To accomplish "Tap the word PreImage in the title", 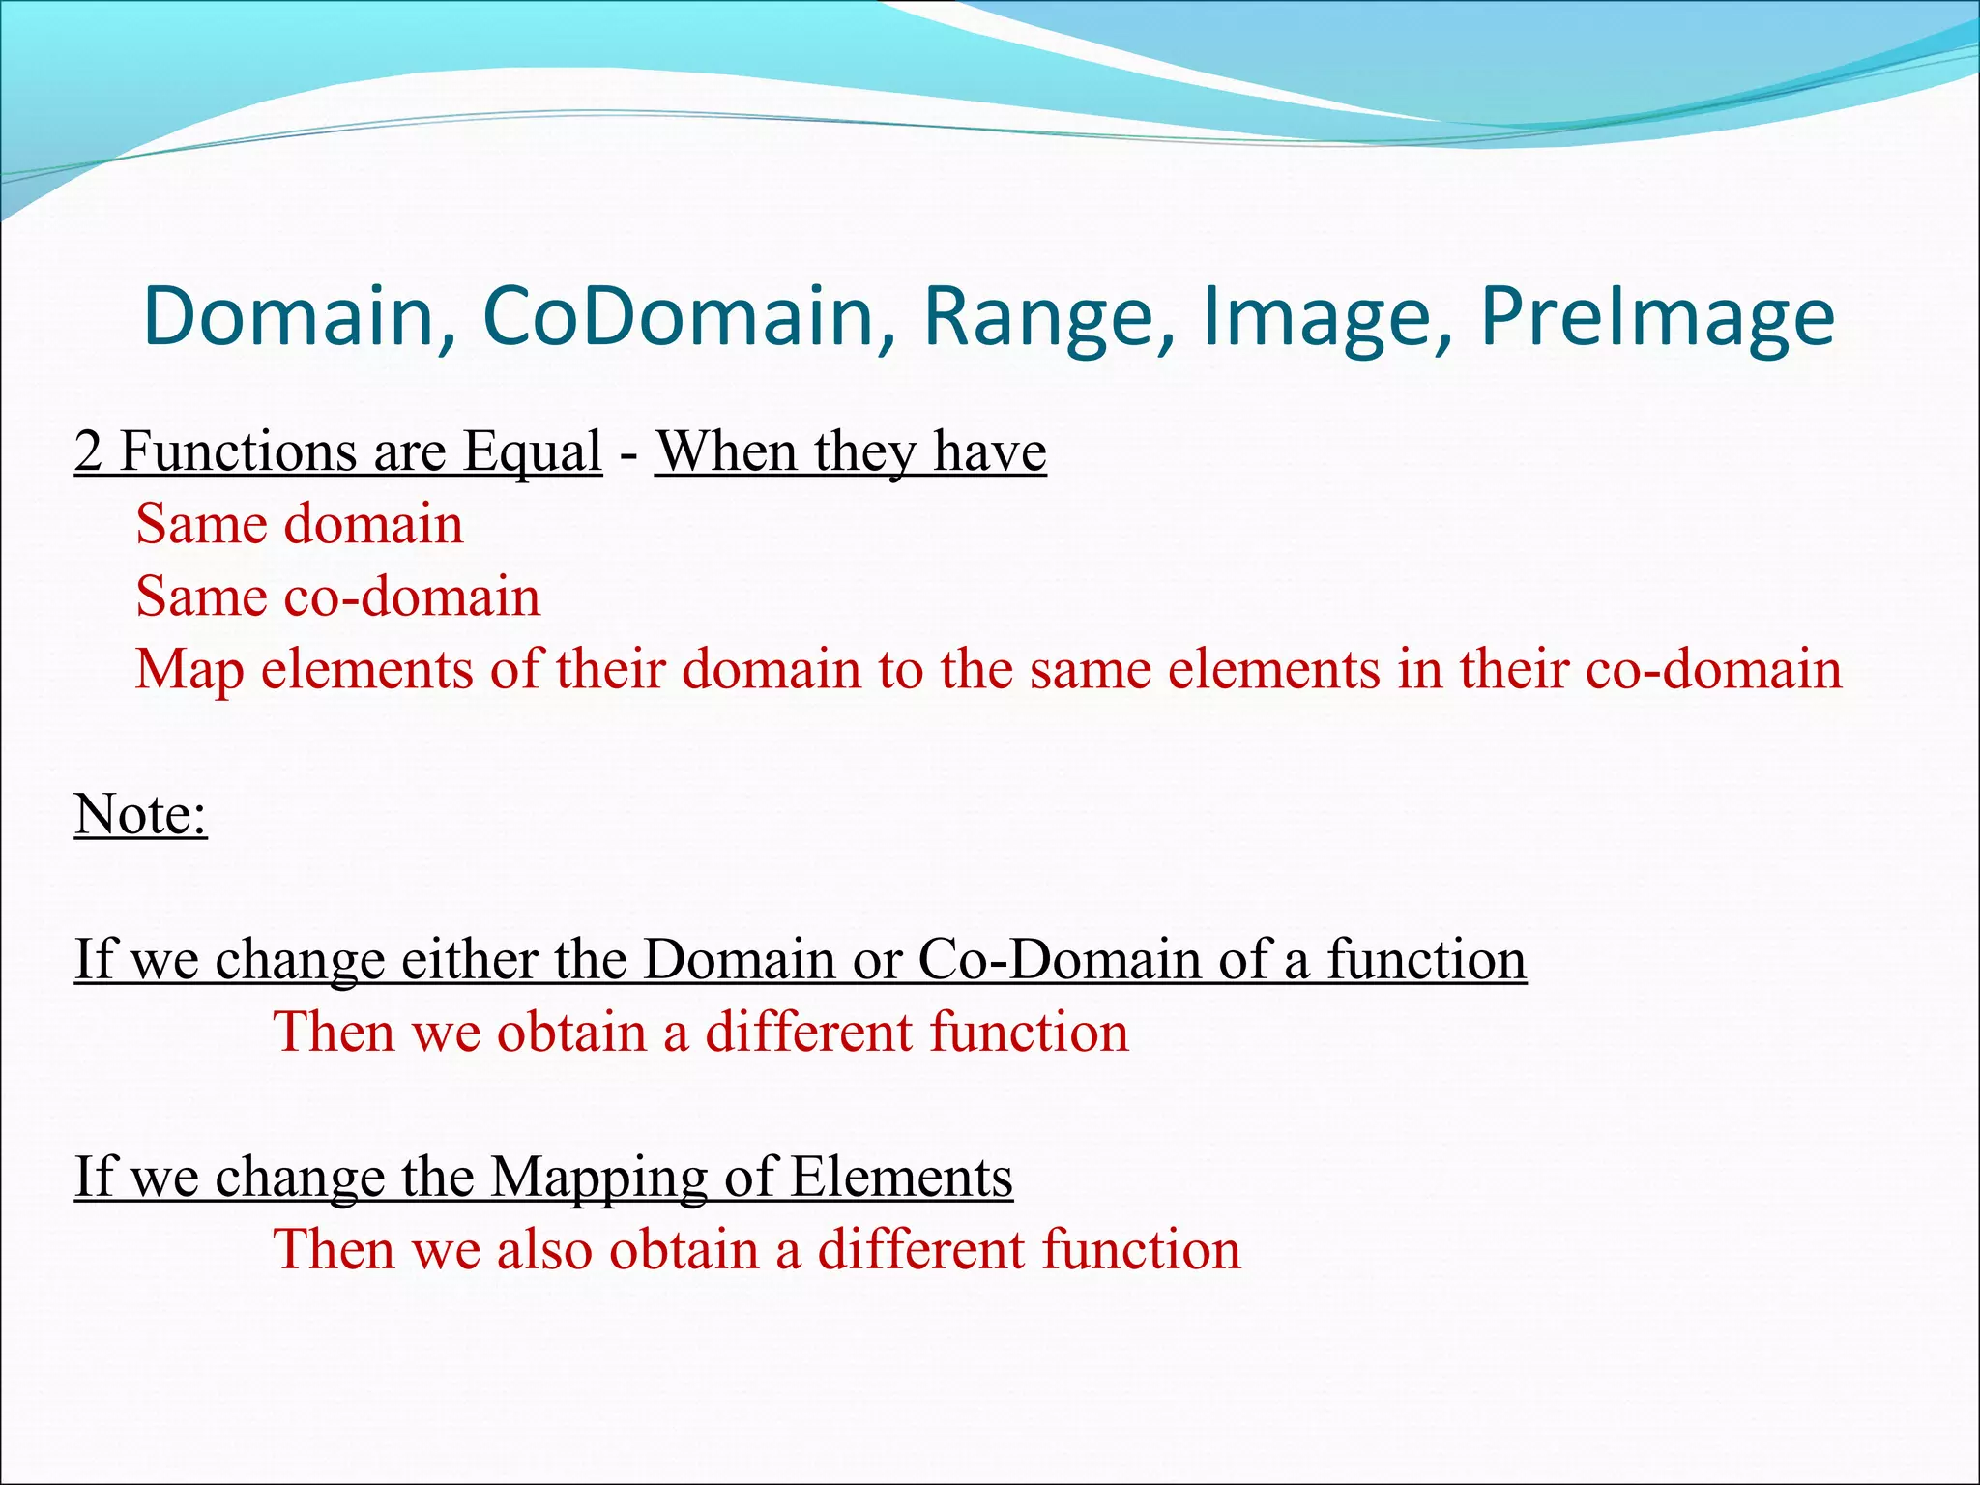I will click(x=1656, y=317).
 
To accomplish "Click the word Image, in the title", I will click(x=1325, y=317).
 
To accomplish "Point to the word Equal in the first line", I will click(x=532, y=451).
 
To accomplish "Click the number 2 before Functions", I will click(x=88, y=451).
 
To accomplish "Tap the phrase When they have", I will click(x=851, y=451).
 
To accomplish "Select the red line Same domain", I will click(x=300, y=524).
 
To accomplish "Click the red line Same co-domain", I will click(x=337, y=597).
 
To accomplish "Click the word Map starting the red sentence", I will click(x=189, y=669).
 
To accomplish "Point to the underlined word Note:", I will click(x=141, y=814).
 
